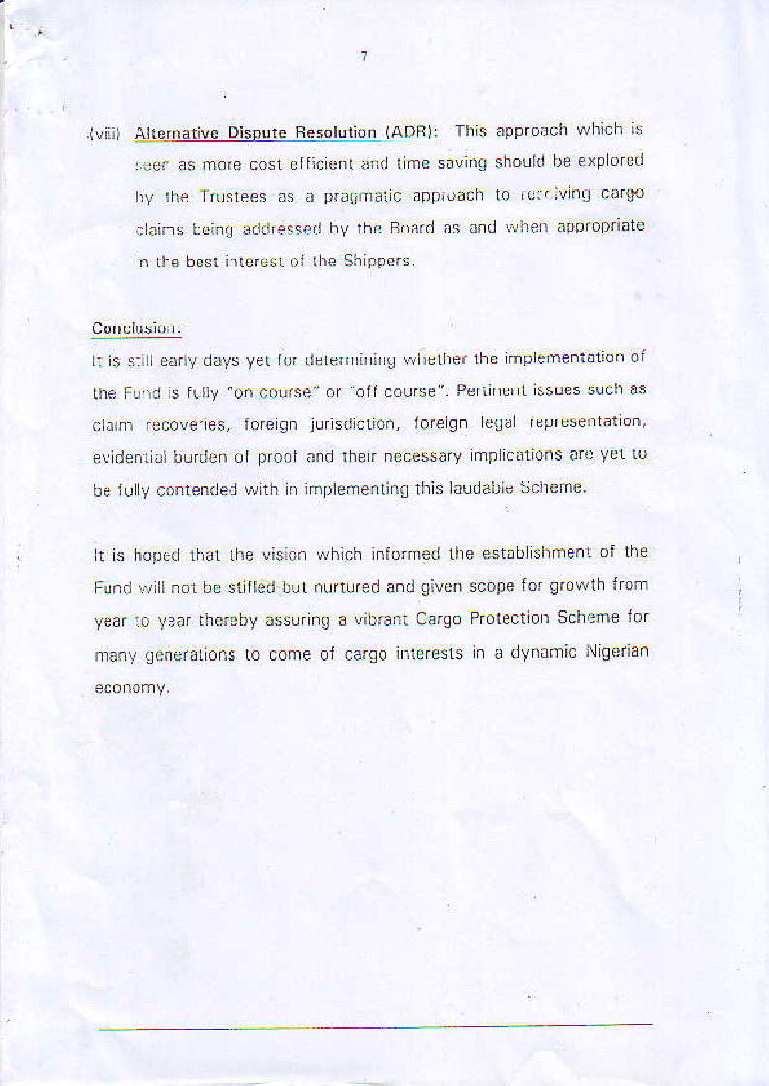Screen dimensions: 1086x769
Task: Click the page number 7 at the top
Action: coord(364,56)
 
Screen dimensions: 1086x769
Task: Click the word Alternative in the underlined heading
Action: coord(172,133)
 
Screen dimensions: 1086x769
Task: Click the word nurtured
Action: coord(342,587)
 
